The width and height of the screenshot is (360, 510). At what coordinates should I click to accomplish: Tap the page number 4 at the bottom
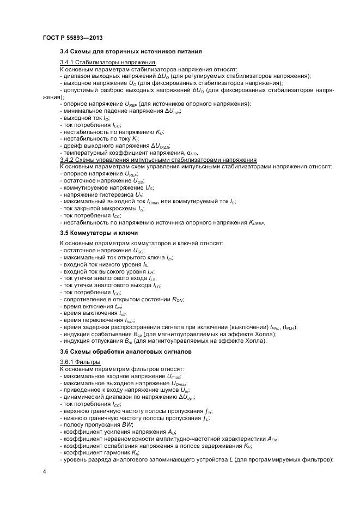pyautogui.click(x=44, y=471)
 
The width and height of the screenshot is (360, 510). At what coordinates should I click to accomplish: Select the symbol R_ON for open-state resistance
pyautogui.click(x=178, y=299)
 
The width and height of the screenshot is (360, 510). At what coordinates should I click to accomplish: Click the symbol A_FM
pyautogui.click(x=272, y=439)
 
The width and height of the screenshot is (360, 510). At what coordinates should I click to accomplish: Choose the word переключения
pyautogui.click(x=99, y=320)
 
